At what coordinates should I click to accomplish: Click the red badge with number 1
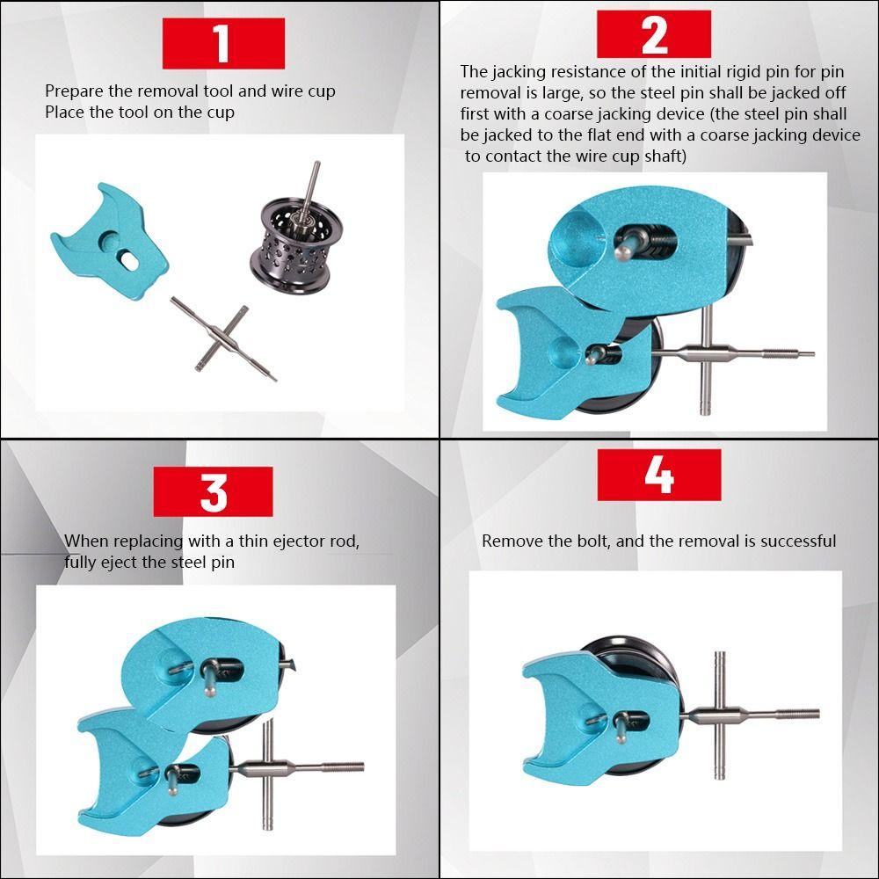coord(223,43)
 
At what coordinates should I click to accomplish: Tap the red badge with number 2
coord(654,34)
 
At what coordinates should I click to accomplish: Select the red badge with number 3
coord(213,491)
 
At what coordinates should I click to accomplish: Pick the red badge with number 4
coord(658,475)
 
